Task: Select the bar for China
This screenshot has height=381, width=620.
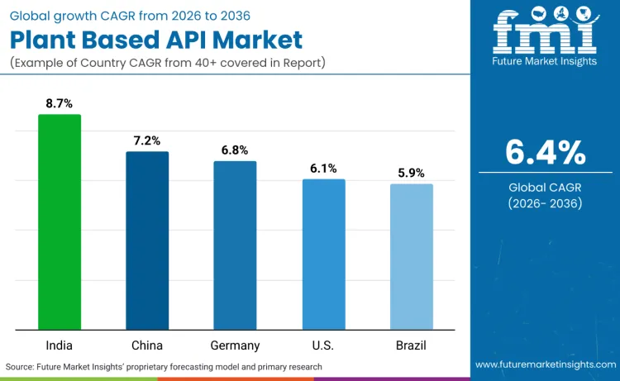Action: click(x=147, y=241)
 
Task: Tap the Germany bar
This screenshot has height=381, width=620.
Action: click(x=235, y=245)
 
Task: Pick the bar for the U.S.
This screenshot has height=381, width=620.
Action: click(x=323, y=255)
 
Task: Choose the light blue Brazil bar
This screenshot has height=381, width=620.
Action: click(x=411, y=257)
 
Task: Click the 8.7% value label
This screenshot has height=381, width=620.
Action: click(x=60, y=103)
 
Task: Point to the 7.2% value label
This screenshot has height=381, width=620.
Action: click(x=147, y=140)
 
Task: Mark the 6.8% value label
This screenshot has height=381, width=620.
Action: click(x=235, y=150)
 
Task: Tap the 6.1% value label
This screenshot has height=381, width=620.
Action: click(x=323, y=168)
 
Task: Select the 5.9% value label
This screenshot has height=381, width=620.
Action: click(x=411, y=173)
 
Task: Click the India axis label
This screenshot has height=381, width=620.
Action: click(x=60, y=345)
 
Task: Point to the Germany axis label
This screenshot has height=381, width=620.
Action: click(x=235, y=345)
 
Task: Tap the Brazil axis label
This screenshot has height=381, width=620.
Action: click(x=411, y=345)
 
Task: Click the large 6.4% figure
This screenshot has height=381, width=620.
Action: click(x=545, y=152)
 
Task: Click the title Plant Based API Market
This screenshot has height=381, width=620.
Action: click(x=156, y=40)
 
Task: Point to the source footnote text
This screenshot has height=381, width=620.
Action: click(x=164, y=366)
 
